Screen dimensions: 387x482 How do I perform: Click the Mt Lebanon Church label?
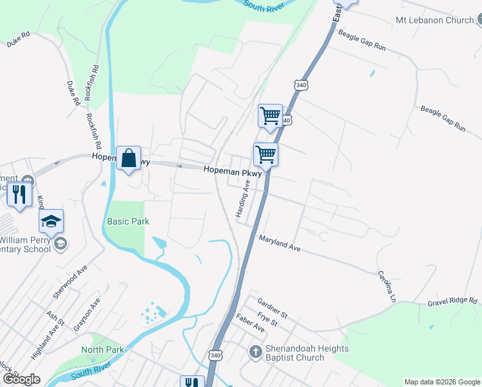click(x=434, y=20)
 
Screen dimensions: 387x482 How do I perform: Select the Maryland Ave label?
click(x=280, y=243)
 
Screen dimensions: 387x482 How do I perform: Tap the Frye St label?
click(x=267, y=318)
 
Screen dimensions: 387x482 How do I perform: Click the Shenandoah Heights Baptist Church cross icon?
click(x=255, y=353)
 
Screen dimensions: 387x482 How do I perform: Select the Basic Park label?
click(x=128, y=221)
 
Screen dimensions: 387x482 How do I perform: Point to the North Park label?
click(x=102, y=350)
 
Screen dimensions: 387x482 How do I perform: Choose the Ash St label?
click(x=55, y=319)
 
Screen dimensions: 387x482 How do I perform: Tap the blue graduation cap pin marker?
click(x=51, y=222)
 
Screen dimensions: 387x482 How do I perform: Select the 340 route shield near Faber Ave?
click(x=215, y=355)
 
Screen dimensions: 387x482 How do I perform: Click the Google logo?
click(x=21, y=379)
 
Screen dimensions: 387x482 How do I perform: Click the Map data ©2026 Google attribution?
click(x=442, y=382)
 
